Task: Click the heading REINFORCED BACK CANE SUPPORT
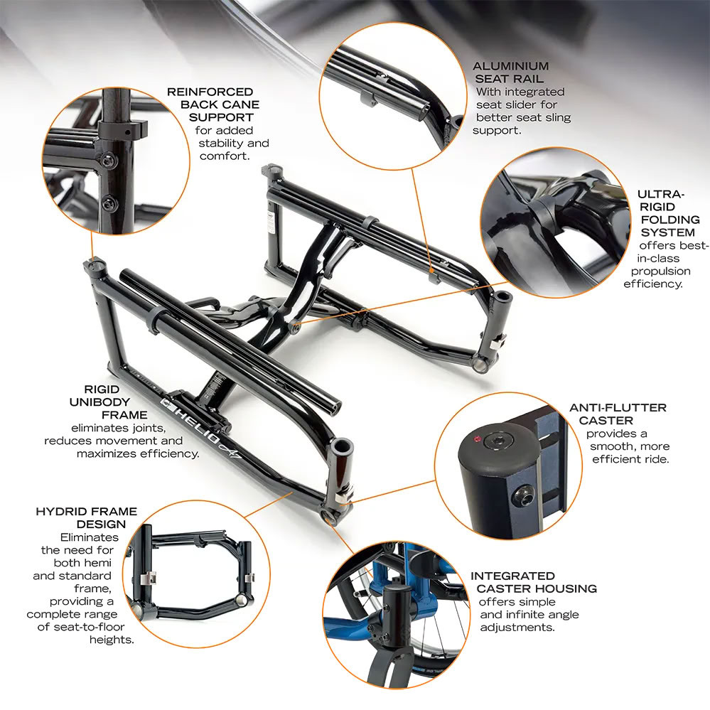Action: coord(210,104)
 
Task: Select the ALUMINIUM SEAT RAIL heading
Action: coord(510,72)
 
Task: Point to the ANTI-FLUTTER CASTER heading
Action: coord(618,414)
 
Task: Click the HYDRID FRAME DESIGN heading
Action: coord(87,518)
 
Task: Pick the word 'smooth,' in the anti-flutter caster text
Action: coord(614,446)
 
